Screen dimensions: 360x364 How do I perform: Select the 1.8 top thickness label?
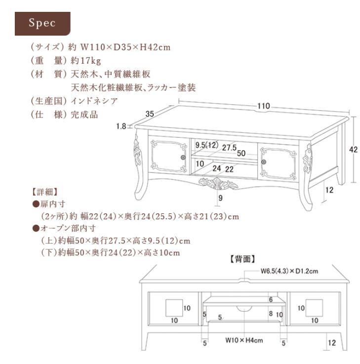tap(121, 126)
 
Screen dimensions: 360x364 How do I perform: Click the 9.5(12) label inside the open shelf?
tap(207, 145)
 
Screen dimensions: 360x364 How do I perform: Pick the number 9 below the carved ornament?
tap(220, 199)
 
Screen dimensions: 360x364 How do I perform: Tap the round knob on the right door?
tap(265, 162)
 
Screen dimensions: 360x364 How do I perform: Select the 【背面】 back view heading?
tap(243, 259)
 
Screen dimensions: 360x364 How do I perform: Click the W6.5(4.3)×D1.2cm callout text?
tap(289, 271)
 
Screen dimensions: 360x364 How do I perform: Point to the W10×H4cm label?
tap(243, 340)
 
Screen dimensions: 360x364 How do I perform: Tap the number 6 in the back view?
tap(271, 300)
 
